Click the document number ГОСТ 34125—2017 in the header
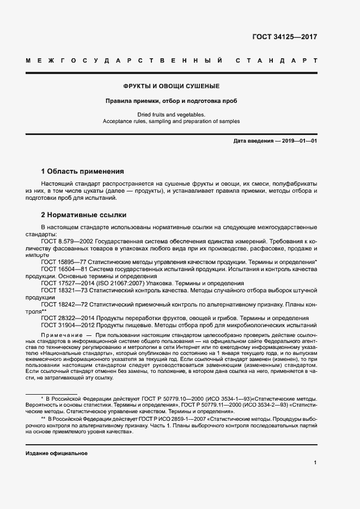point(284,38)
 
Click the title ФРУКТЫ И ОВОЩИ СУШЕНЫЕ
point(171,87)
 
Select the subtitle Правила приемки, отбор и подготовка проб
point(171,101)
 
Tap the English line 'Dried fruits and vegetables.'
point(171,115)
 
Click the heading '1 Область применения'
point(82,171)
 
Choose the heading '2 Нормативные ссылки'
point(83,214)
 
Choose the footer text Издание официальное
point(56,453)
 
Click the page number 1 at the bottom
point(315,462)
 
